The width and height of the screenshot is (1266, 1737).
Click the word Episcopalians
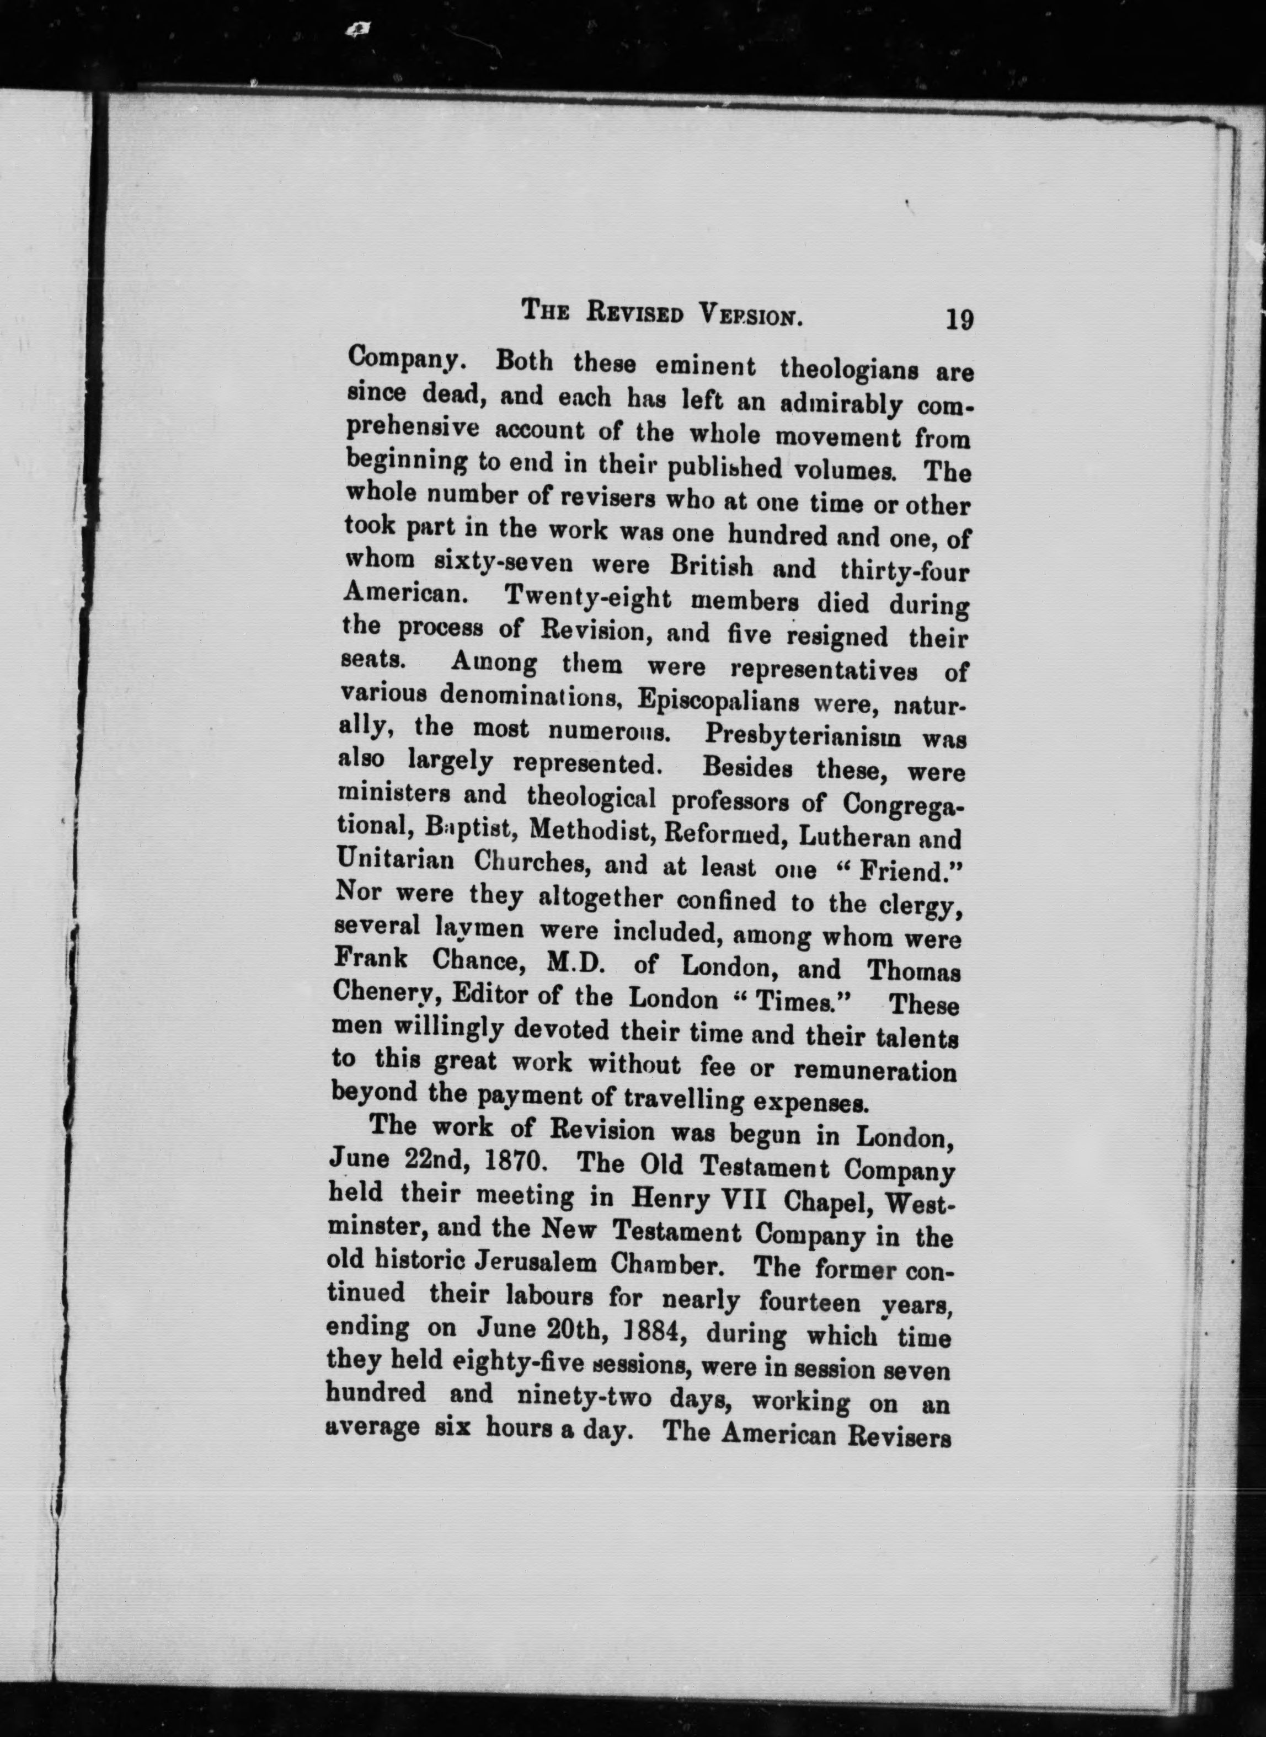click(719, 699)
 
